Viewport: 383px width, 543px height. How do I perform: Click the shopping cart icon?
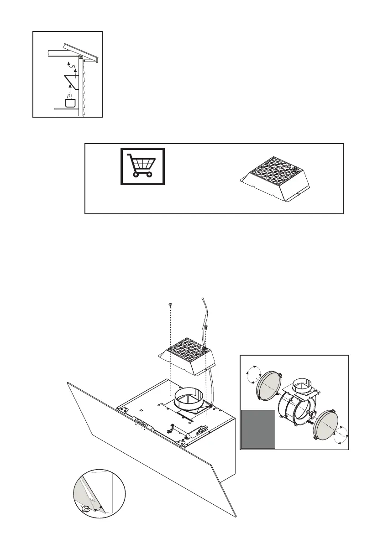pyautogui.click(x=142, y=166)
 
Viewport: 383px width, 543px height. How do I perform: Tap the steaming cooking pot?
pyautogui.click(x=70, y=102)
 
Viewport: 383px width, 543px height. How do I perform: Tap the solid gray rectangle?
pyautogui.click(x=258, y=429)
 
